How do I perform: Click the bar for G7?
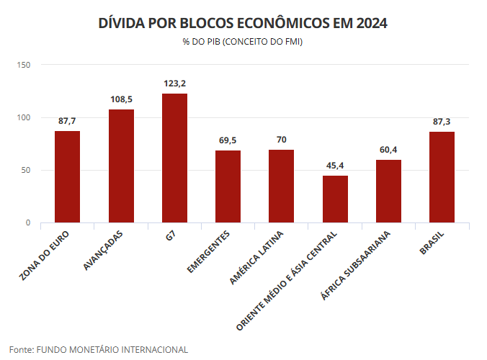pyautogui.click(x=174, y=158)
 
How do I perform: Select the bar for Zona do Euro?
pyautogui.click(x=67, y=177)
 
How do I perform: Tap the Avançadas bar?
pyautogui.click(x=121, y=166)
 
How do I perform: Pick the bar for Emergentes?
pyautogui.click(x=228, y=186)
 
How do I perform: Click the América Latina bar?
pyautogui.click(x=281, y=186)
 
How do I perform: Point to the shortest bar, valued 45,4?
pyautogui.click(x=335, y=199)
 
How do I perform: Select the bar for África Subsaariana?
pyautogui.click(x=388, y=192)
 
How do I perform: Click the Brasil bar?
pyautogui.click(x=442, y=177)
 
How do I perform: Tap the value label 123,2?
pyautogui.click(x=174, y=84)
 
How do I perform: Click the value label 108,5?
pyautogui.click(x=121, y=99)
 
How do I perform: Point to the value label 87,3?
pyautogui.click(x=442, y=121)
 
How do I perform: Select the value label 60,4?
pyautogui.click(x=388, y=149)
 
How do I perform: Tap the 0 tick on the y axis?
pyautogui.click(x=28, y=223)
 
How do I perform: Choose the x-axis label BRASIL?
pyautogui.click(x=432, y=242)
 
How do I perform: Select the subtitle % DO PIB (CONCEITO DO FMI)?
pyautogui.click(x=243, y=42)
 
